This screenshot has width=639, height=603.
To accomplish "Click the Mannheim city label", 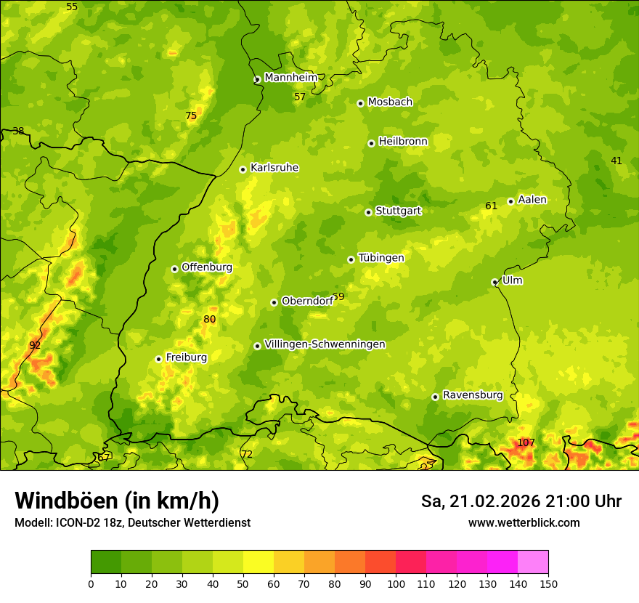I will coord(290,78).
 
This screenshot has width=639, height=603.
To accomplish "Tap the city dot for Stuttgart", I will coord(368,212).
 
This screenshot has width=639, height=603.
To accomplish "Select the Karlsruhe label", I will coord(274,168).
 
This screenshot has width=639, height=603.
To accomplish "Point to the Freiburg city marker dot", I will coord(158,359).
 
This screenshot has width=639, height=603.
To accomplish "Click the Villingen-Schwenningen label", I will coord(325,344).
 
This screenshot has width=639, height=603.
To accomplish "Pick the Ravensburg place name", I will coord(472,395).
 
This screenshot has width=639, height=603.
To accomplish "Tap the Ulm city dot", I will coord(494,282).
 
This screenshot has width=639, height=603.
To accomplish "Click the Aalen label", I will coord(532,200).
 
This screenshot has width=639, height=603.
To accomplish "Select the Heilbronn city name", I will coord(403,142).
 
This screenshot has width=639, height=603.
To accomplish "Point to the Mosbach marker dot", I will coord(360,103).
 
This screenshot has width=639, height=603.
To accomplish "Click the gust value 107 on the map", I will coord(526,442).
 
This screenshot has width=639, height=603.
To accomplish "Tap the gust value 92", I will coord(35,345).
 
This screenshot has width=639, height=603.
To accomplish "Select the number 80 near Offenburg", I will coord(210,319).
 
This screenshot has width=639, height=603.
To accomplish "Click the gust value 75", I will coord(191,116).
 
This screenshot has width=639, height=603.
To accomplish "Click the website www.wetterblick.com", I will coord(524,522).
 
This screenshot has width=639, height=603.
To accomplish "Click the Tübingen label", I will coord(380,258).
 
